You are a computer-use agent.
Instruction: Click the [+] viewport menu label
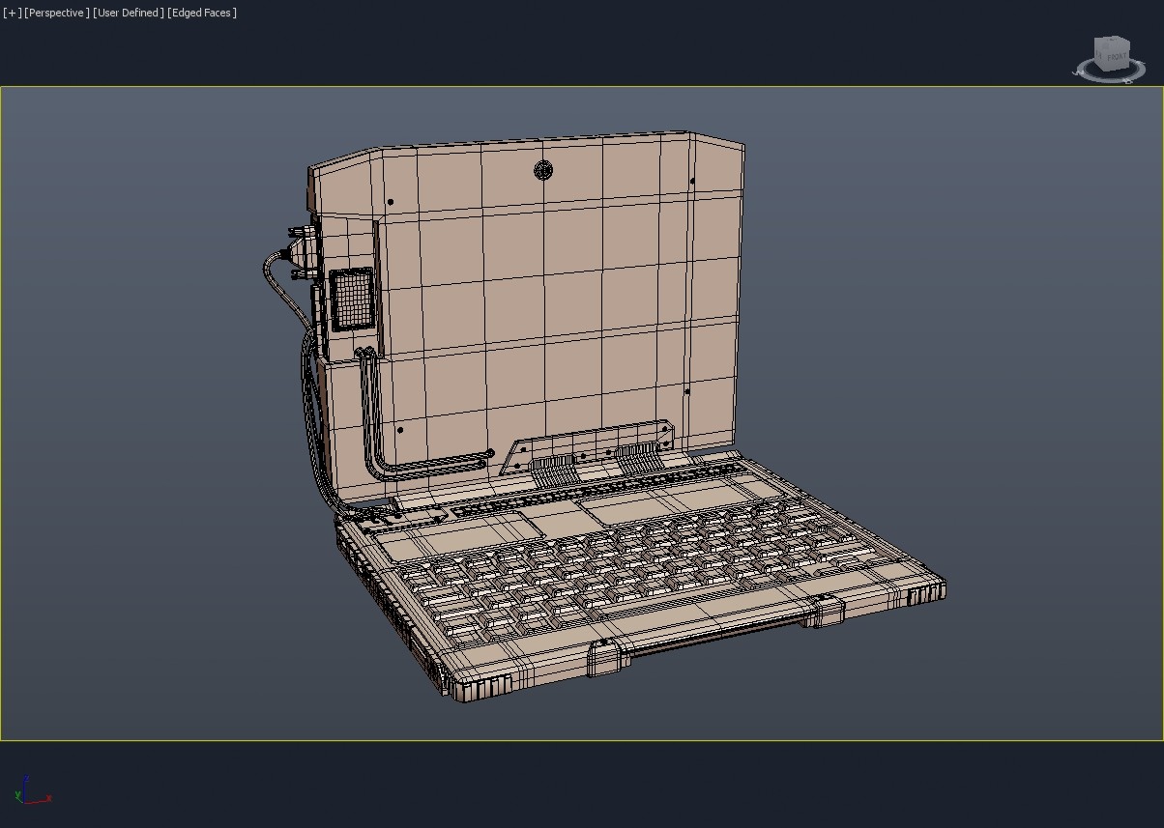[x=12, y=13]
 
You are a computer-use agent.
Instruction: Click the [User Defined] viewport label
[x=128, y=13]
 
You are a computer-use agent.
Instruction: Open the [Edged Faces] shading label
[x=202, y=13]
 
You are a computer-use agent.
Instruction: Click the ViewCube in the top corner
[x=1110, y=57]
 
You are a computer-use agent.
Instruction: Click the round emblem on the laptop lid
[x=542, y=171]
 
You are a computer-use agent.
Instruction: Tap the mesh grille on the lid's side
[x=351, y=298]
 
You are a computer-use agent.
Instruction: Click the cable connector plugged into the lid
[x=302, y=254]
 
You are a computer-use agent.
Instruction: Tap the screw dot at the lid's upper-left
[x=390, y=203]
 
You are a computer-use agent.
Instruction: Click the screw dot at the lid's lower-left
[x=400, y=431]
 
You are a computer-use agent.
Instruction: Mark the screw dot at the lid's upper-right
[x=693, y=181]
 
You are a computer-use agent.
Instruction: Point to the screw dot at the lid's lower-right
[x=687, y=392]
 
